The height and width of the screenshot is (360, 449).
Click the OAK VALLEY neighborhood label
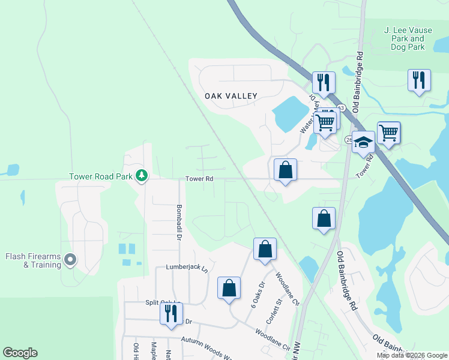click(x=231, y=96)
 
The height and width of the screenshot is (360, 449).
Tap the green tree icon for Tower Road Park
click(x=142, y=176)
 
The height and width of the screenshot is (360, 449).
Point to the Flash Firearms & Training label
click(x=33, y=260)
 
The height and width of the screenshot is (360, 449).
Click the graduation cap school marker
click(x=363, y=143)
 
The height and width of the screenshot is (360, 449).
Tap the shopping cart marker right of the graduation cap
click(x=388, y=132)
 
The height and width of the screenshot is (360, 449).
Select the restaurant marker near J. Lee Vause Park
click(x=418, y=80)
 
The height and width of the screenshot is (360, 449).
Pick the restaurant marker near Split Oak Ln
click(x=171, y=313)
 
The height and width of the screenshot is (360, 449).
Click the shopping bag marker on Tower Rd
click(x=286, y=169)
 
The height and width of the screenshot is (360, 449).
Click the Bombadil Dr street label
click(x=179, y=219)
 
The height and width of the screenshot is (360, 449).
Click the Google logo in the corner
click(x=20, y=353)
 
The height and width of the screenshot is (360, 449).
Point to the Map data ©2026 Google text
click(x=412, y=355)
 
